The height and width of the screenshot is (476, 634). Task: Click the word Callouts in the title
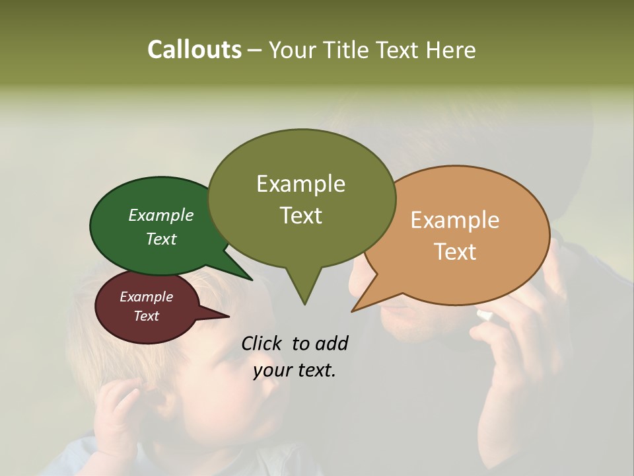194,50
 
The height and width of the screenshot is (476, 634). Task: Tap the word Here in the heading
451,50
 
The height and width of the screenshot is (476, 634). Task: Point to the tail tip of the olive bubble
304,304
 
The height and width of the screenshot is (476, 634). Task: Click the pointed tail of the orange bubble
354,310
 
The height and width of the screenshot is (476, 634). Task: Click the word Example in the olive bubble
300,184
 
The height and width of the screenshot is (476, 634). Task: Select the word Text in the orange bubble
455,252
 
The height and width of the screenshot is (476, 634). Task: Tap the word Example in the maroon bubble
146,297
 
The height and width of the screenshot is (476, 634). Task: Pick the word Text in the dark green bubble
161,239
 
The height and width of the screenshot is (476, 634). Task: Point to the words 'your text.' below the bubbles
295,371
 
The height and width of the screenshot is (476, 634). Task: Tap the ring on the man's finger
485,315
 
